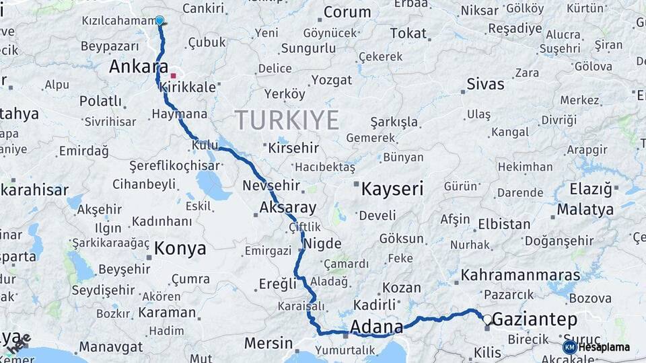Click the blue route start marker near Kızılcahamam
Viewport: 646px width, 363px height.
tap(159, 21)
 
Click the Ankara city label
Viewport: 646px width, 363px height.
tap(138, 67)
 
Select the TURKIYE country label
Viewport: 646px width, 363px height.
tap(287, 120)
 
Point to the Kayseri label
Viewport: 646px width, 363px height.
tap(392, 189)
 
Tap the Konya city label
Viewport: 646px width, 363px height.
tap(180, 249)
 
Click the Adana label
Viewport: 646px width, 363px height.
tap(376, 327)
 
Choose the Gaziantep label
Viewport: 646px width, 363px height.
tap(535, 320)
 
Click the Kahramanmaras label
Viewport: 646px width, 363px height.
tap(520, 276)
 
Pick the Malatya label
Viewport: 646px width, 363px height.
tap(585, 210)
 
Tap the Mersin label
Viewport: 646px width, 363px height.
tap(268, 343)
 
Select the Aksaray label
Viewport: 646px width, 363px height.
tap(287, 206)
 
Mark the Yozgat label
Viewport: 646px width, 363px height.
tap(330, 80)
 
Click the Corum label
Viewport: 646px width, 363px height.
tap(347, 12)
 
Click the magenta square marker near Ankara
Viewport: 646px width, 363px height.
tap(173, 76)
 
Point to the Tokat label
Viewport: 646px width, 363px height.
tap(408, 33)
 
